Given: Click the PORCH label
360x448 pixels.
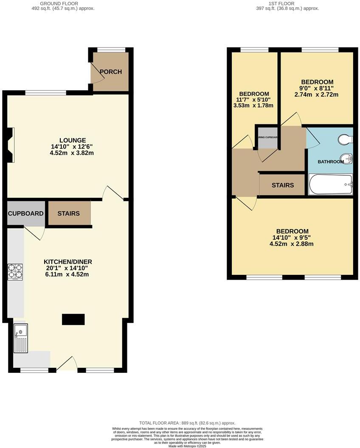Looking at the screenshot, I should pos(110,72).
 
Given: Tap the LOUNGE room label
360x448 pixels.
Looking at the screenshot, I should pos(73,140).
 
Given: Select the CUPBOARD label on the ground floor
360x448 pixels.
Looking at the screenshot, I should pos(26,213).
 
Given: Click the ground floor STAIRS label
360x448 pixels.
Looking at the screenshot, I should pos(69,213).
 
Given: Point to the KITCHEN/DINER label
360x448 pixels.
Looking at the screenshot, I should pos(68,262).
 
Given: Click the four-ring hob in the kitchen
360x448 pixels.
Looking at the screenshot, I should pos(15,272).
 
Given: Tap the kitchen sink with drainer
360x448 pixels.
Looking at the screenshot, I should pos(20,338).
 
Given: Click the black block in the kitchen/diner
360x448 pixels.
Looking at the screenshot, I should pos(73,319).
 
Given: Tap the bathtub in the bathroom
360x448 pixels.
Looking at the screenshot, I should pos(331,185).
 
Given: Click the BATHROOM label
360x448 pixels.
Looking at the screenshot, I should pos(331,162).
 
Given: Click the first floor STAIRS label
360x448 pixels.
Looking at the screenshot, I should pos(283,185).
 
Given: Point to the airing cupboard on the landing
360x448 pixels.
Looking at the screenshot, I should pos(267,137).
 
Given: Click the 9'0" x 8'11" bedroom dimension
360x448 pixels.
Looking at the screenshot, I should pos(317,88).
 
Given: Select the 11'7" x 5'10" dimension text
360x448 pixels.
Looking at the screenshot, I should pos(253,100).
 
